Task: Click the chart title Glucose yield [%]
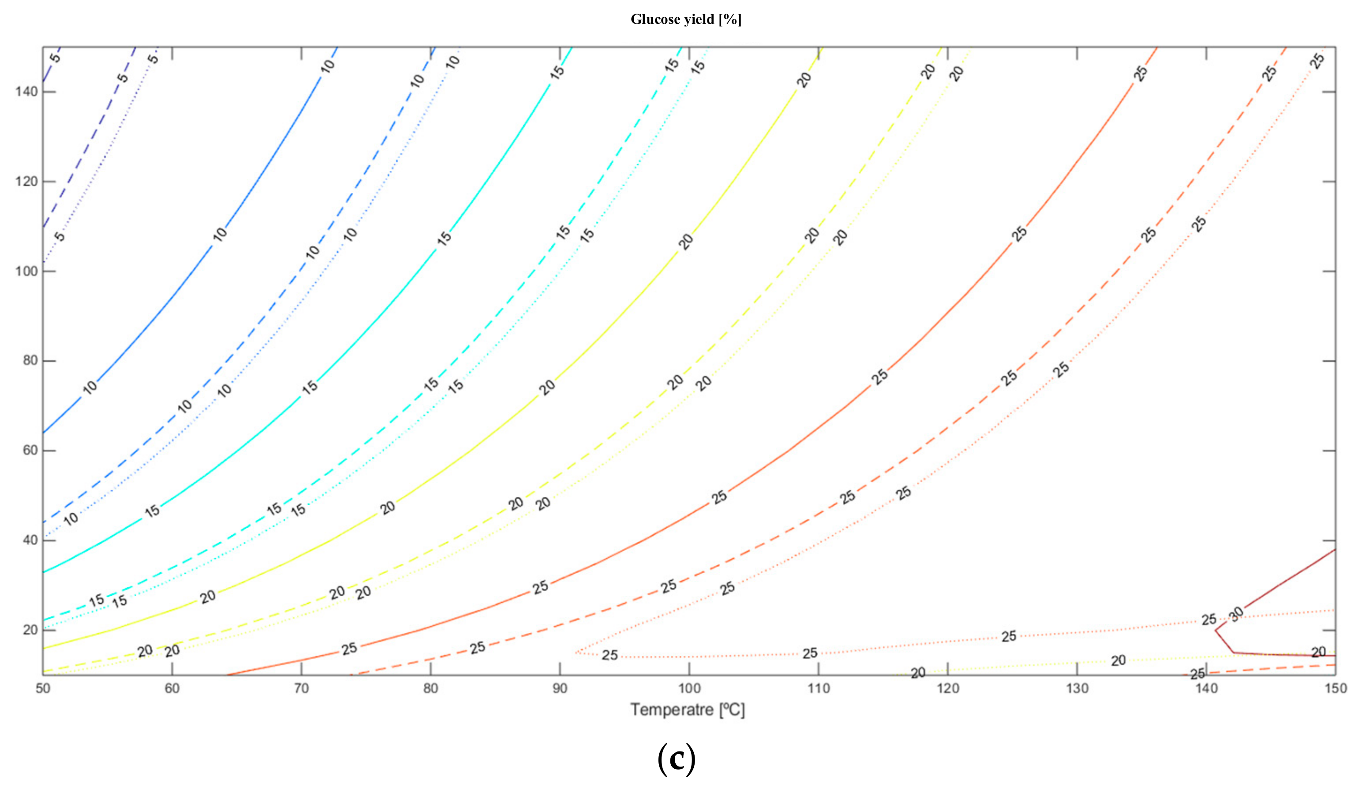coord(686,20)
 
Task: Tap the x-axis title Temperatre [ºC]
coord(688,710)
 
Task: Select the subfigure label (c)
coord(676,759)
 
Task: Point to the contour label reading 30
coord(1236,614)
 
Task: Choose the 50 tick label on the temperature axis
coord(43,688)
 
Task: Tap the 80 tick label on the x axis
coord(430,688)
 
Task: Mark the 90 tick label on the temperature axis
coord(560,688)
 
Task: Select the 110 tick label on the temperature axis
coord(818,688)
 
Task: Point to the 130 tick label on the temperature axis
coord(1077,688)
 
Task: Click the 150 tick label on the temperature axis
coord(1335,688)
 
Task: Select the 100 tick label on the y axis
coord(26,271)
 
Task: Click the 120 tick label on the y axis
coord(26,181)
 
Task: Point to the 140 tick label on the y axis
coord(26,92)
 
